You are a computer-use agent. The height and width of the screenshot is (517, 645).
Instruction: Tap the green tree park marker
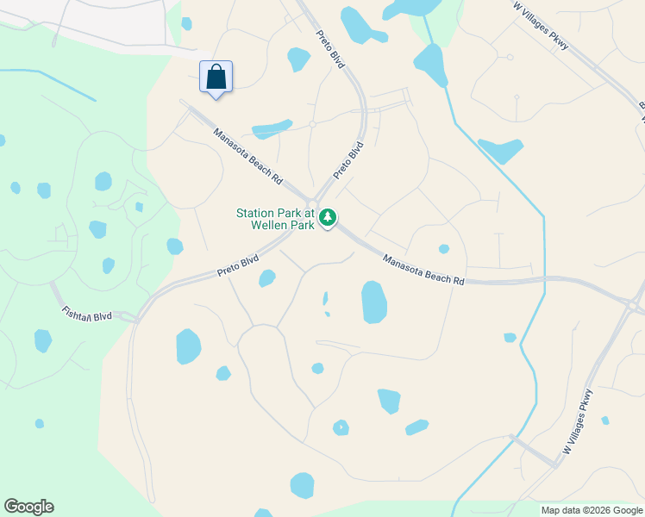pos(328,218)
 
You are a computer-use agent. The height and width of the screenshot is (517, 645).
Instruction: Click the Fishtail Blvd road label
pos(87,313)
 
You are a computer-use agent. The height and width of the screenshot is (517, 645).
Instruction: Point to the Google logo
pos(28,507)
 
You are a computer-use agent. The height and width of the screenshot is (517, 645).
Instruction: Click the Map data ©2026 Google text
pos(591,510)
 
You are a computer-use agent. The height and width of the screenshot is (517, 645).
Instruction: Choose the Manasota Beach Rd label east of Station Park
pos(423,270)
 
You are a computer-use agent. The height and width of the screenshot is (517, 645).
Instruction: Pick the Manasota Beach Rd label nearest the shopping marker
pos(247,157)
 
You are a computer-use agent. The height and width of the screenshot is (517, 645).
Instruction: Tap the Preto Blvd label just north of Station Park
pos(348,160)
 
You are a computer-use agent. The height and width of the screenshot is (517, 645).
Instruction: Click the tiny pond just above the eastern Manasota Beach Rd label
pos(443,249)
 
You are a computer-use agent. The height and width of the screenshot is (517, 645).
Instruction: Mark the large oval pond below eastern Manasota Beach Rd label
pos(374,302)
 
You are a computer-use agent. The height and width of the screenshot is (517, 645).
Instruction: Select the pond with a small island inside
pos(341,427)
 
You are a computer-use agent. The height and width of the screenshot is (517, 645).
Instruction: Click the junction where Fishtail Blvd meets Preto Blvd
pos(139,316)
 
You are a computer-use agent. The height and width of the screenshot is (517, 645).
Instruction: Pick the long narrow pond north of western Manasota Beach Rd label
pos(272,129)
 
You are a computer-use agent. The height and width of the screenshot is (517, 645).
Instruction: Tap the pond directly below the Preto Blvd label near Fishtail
pos(267,278)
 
